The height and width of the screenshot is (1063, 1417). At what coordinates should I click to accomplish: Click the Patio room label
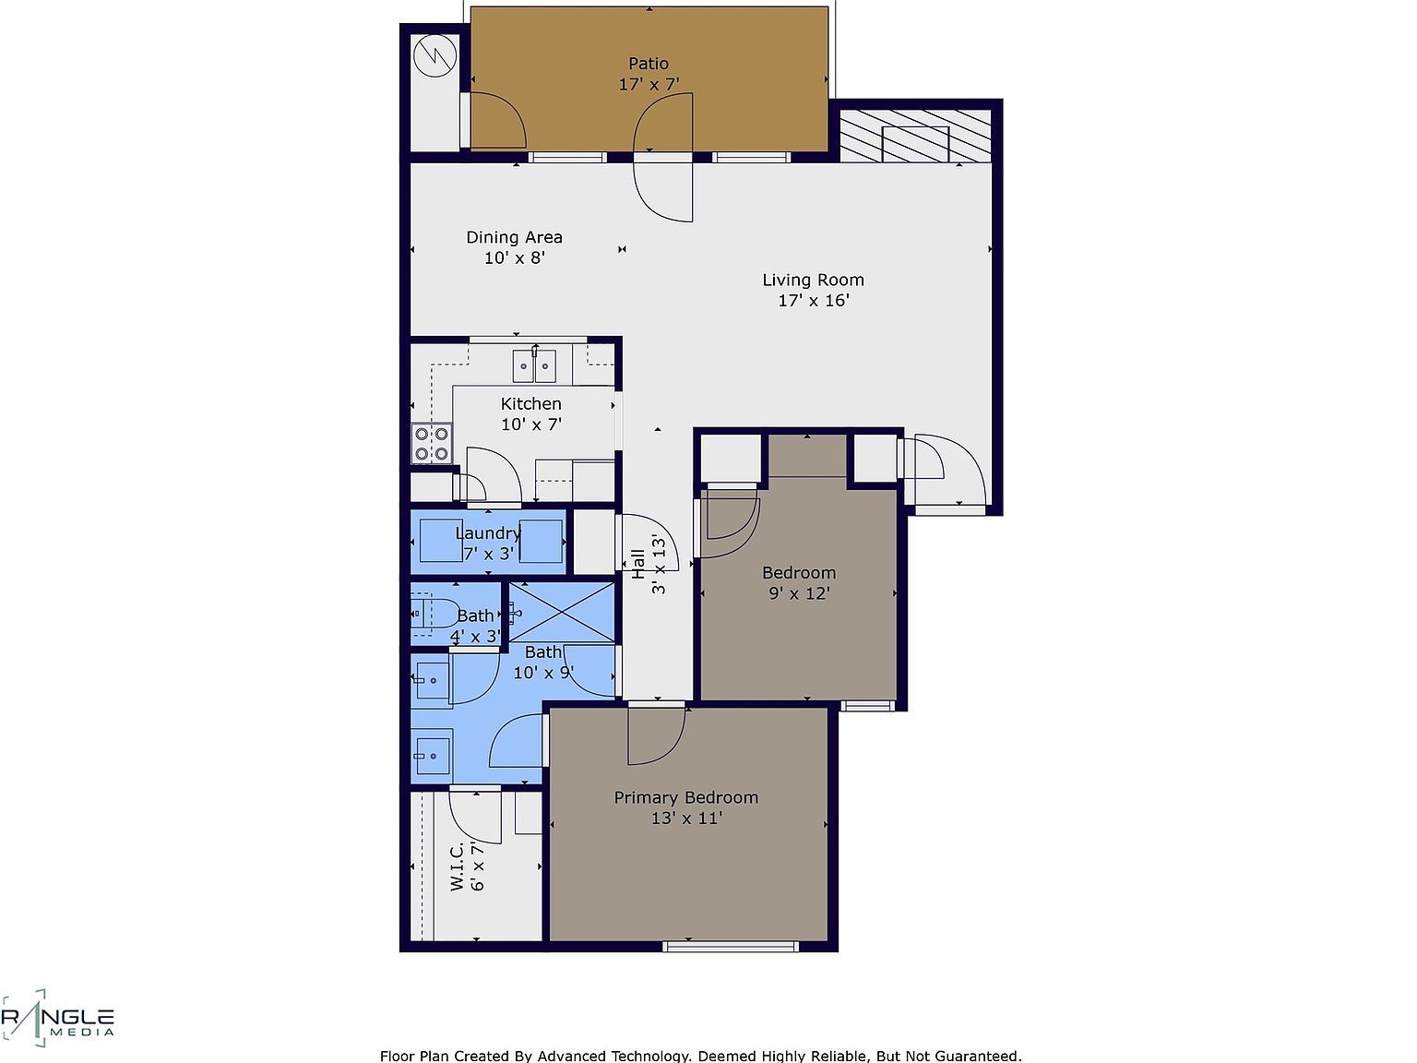[x=648, y=64]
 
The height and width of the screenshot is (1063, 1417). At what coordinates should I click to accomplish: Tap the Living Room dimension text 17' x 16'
[x=813, y=301]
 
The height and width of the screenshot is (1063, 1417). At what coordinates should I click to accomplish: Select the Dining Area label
[x=514, y=237]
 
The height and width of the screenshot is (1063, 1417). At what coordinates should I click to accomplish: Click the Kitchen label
[x=530, y=403]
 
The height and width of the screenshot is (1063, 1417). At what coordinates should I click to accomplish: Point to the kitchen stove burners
[x=431, y=443]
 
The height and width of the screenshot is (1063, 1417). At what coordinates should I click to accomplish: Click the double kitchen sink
[x=535, y=366]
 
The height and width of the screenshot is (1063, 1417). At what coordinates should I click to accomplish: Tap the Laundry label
[x=487, y=533]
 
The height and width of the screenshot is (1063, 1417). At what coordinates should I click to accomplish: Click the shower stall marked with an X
[x=562, y=612]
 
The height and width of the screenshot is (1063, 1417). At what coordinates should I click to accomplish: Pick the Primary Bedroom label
[x=685, y=797]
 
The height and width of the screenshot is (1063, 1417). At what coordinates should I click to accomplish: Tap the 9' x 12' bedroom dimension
[x=799, y=593]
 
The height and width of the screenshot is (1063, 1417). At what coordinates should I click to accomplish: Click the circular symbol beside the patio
[x=435, y=56]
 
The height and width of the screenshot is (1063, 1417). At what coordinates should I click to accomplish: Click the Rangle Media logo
[x=57, y=1019]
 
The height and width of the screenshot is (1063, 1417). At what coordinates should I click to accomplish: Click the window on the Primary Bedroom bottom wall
[x=731, y=946]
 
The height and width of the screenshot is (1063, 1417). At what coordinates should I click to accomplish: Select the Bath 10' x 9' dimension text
[x=543, y=673]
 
